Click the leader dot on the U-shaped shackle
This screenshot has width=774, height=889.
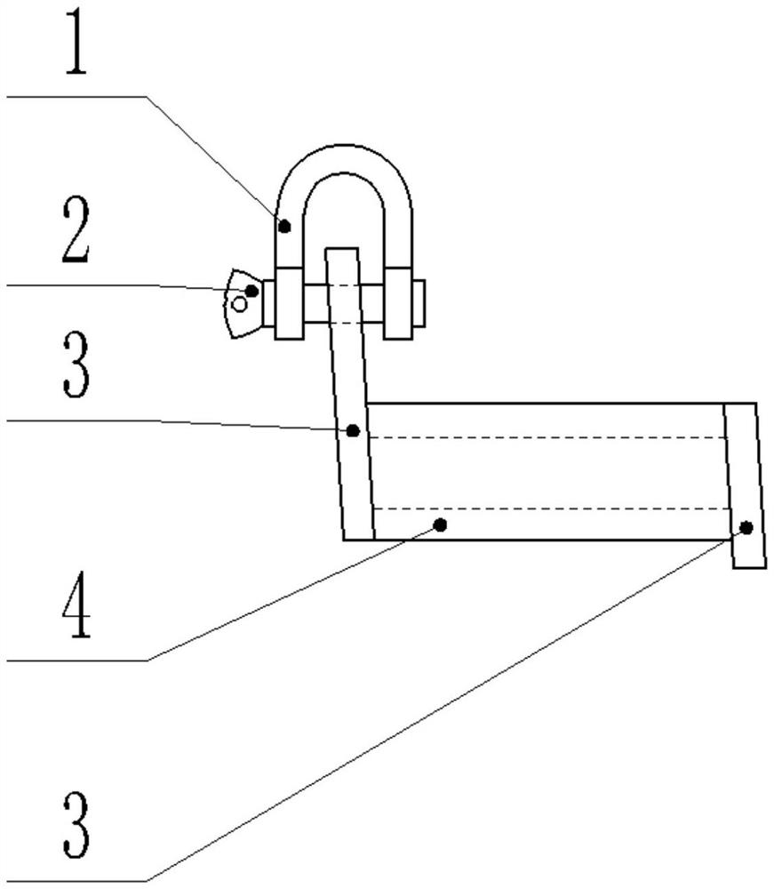coord(284,227)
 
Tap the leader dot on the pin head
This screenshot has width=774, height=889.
coord(252,291)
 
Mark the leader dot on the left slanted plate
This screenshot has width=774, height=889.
coord(353,430)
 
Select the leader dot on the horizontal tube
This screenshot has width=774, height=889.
coord(440,525)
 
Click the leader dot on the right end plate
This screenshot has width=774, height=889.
coord(746,527)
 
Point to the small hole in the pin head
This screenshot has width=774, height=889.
coord(239,305)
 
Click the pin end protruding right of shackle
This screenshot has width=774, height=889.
coord(419,302)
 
